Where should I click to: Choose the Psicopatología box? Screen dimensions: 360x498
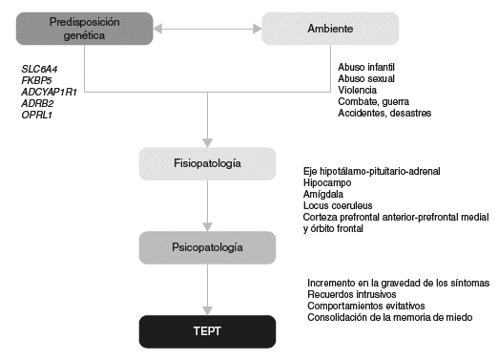(207, 247)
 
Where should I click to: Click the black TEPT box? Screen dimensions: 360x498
(207, 330)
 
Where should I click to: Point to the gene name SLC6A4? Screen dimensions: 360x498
(41, 69)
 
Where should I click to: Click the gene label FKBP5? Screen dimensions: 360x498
(36, 80)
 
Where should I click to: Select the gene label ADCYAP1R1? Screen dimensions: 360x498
(50, 92)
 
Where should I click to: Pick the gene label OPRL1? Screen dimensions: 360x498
(36, 115)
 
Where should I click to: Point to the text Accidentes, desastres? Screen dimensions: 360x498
(384, 114)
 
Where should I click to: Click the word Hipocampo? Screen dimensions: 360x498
(328, 181)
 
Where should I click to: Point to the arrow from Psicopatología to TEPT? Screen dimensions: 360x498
(207, 289)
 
